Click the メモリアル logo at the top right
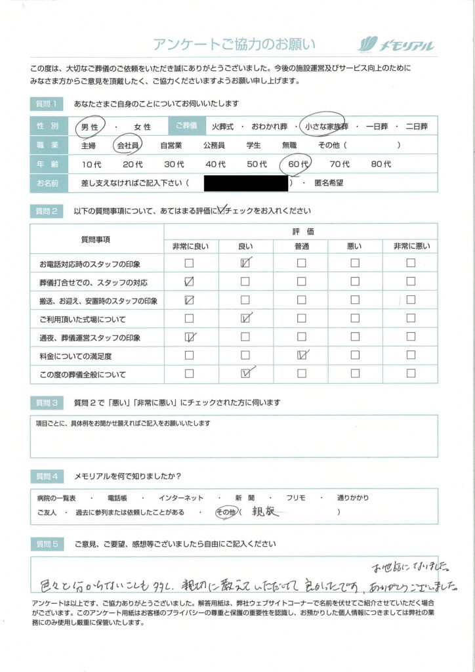[396, 44]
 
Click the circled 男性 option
[89, 126]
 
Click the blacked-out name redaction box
[246, 183]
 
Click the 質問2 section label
[47, 211]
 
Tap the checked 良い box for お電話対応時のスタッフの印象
[245, 264]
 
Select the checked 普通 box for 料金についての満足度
[301, 356]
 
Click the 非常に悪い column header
[411, 246]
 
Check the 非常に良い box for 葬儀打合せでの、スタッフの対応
[189, 282]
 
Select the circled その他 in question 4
[226, 512]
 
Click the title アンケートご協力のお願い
[234, 44]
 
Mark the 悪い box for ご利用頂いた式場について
[355, 319]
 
